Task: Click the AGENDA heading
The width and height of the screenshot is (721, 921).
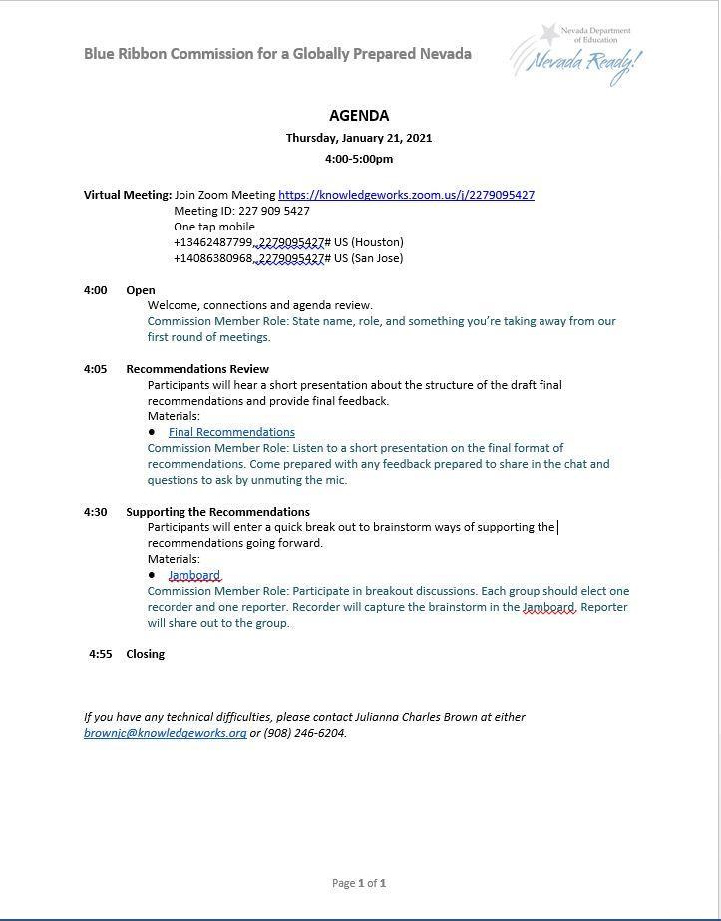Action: pos(359,116)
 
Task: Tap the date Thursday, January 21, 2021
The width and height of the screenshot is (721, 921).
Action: pos(359,138)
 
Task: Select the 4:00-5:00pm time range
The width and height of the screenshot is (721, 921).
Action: pos(359,159)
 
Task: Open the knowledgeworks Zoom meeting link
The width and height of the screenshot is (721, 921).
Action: pos(406,195)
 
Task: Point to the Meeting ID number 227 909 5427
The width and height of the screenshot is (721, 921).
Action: pos(274,211)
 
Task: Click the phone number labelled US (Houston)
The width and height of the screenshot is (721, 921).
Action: pos(251,242)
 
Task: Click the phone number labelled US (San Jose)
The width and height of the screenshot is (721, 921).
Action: pos(251,258)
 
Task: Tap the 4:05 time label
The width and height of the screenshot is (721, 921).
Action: pos(96,369)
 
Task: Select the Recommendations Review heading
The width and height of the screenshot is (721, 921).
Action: pos(197,369)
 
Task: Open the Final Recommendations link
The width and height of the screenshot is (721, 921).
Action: pos(231,432)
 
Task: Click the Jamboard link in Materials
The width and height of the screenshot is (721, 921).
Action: pos(194,575)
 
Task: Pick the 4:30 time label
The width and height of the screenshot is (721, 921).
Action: pos(96,512)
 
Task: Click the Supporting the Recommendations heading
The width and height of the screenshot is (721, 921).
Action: pos(217,512)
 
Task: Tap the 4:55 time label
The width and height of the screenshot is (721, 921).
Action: pos(101,654)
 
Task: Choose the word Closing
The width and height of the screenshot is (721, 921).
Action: pos(146,654)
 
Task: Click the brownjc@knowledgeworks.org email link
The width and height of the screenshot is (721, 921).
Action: pos(166,733)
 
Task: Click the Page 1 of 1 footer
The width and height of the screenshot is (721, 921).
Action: pos(359,883)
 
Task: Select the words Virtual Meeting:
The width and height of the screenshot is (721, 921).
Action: pos(128,195)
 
